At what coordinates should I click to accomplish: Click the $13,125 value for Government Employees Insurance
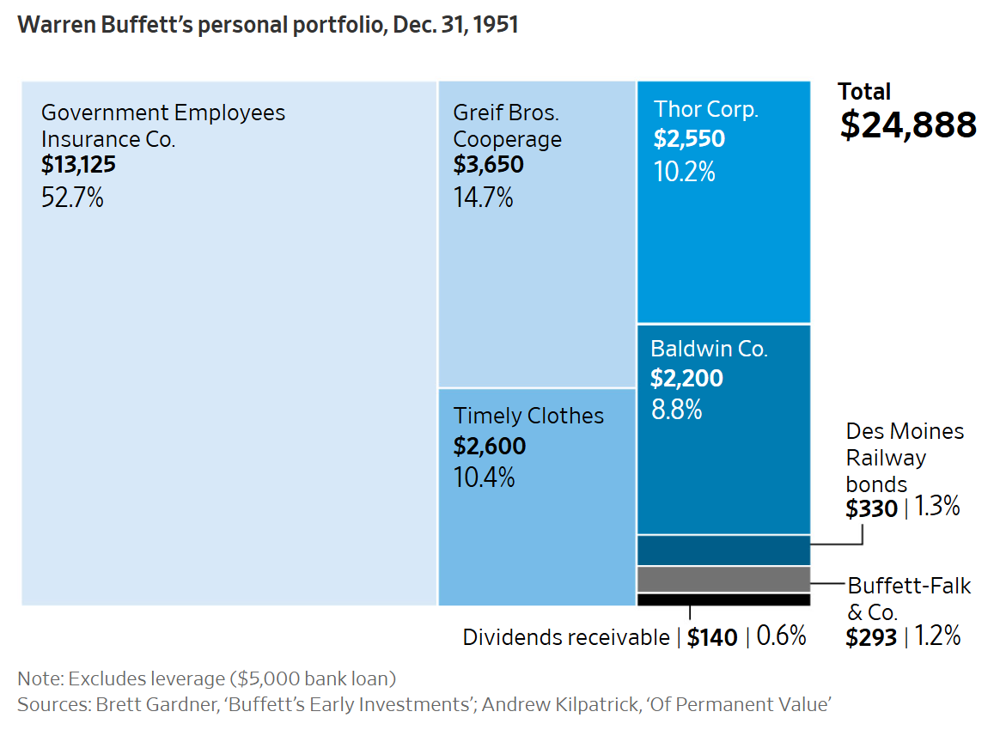(x=78, y=164)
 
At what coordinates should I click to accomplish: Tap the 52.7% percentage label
(x=72, y=198)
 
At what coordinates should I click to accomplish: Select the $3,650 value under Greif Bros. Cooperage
(x=488, y=164)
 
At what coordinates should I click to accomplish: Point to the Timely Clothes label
(x=528, y=416)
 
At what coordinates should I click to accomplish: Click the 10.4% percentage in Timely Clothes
(x=484, y=477)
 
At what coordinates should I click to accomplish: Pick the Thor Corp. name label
(x=706, y=109)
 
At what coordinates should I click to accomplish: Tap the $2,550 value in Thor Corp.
(x=689, y=139)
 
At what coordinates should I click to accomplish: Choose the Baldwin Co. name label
(x=709, y=349)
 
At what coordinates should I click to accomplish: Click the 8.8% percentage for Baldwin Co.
(x=676, y=410)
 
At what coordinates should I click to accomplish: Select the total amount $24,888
(x=908, y=125)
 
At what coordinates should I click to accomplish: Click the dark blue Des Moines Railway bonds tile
(x=723, y=550)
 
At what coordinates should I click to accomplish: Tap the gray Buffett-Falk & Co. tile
(x=723, y=579)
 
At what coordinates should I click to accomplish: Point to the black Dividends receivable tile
(x=723, y=599)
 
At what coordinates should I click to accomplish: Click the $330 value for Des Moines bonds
(x=871, y=508)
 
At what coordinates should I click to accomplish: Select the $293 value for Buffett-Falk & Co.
(x=871, y=637)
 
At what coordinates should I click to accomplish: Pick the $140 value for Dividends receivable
(x=712, y=637)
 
